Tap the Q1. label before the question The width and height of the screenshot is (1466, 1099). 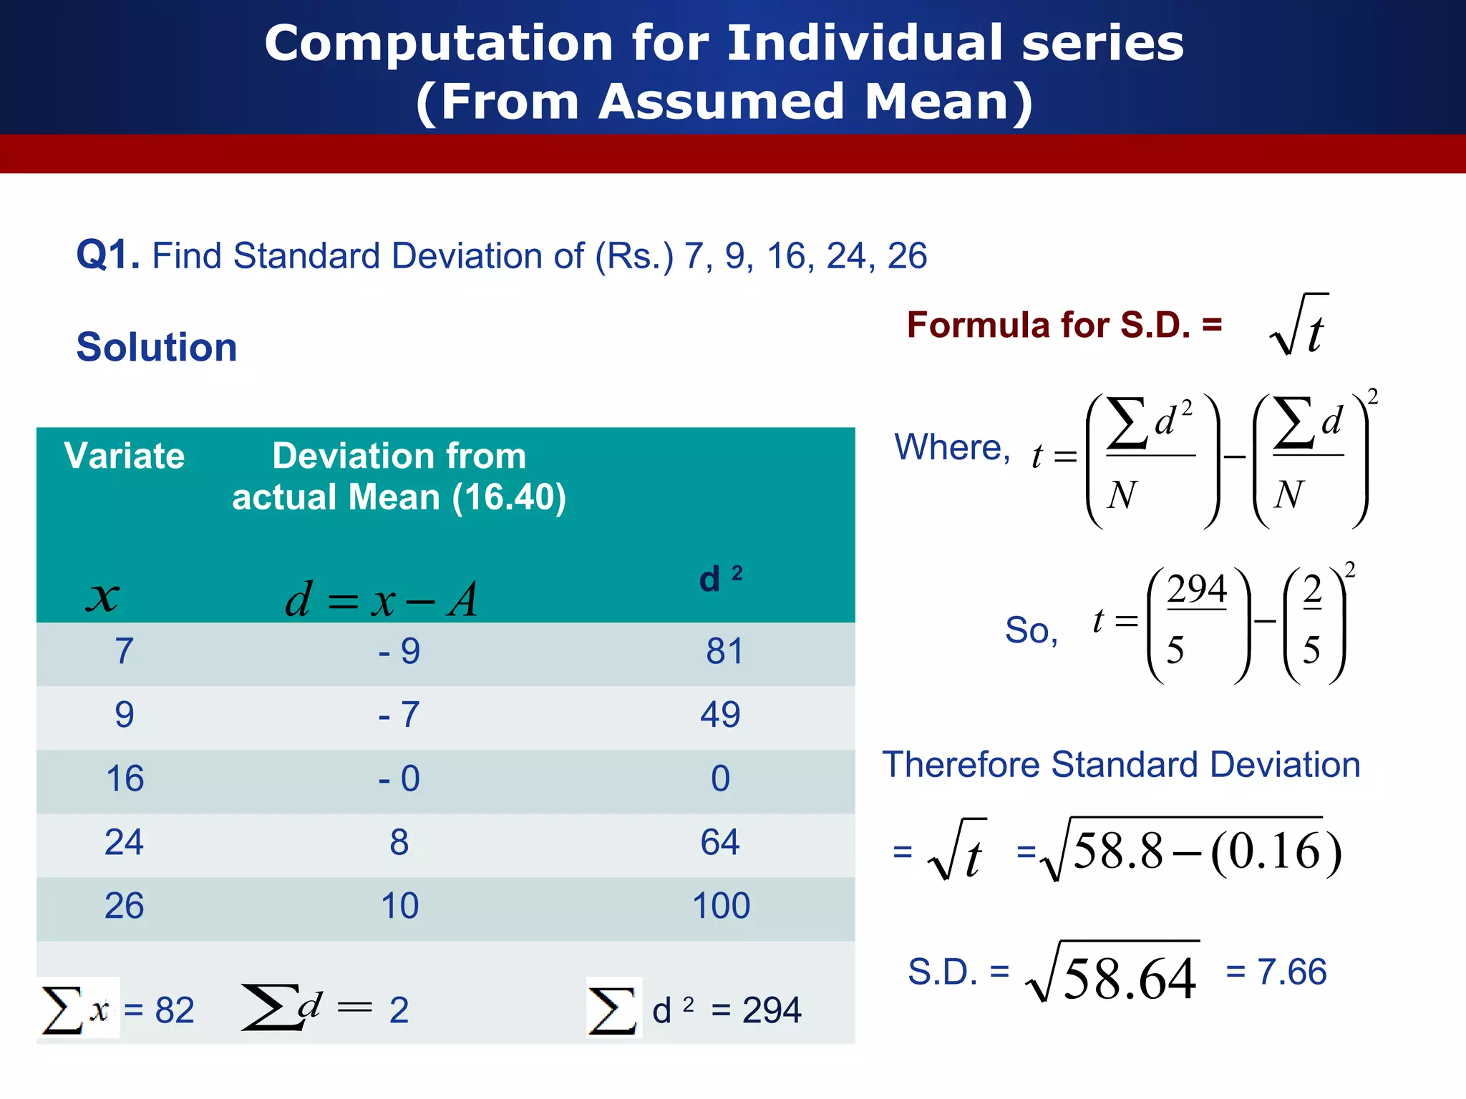[x=107, y=255]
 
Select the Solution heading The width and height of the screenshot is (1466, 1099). [x=156, y=348]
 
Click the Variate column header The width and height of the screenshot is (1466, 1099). [x=124, y=456]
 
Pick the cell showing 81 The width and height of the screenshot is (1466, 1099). [x=724, y=652]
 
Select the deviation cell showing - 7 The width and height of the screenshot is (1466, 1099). [x=399, y=715]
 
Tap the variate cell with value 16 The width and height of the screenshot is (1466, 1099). [x=125, y=778]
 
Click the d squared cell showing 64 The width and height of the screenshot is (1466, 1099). [x=719, y=842]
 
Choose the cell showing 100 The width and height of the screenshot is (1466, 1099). [x=721, y=906]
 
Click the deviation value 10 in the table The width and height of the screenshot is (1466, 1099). [x=399, y=906]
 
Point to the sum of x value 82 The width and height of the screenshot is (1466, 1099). [x=174, y=1010]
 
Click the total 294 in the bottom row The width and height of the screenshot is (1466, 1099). [x=771, y=1010]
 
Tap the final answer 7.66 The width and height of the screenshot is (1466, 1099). [x=1291, y=972]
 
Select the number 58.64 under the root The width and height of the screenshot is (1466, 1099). [x=1129, y=979]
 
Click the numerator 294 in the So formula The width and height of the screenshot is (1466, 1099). [x=1197, y=590]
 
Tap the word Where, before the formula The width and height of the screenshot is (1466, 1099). [x=951, y=448]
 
